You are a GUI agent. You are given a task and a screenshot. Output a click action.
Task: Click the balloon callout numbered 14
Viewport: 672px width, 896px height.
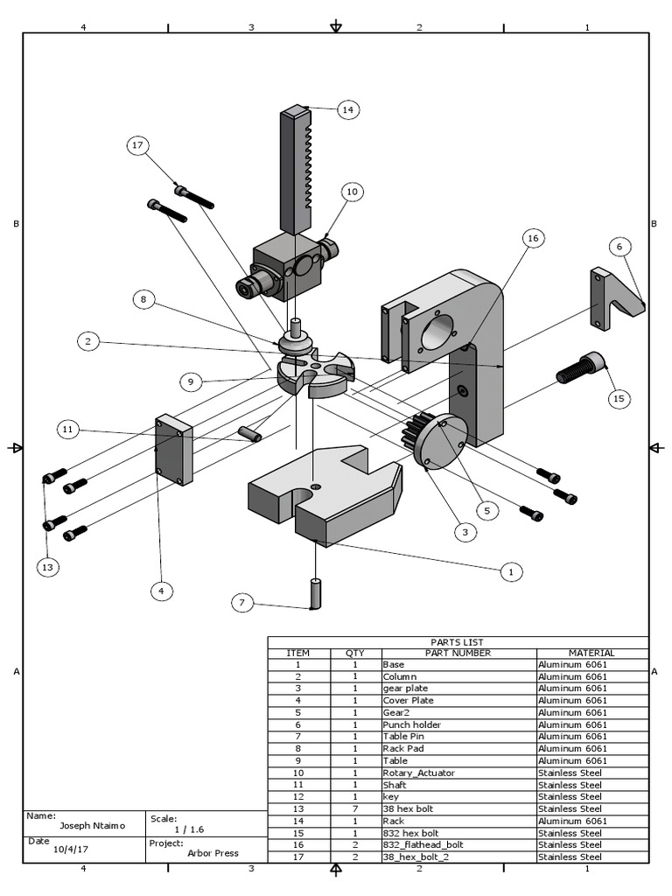[347, 109]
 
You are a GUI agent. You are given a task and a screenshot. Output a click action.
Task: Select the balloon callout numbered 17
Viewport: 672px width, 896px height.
[137, 145]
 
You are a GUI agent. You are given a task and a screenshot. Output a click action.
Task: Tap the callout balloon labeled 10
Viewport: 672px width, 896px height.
[352, 191]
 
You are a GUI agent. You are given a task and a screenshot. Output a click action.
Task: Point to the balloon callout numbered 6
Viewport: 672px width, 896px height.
[619, 247]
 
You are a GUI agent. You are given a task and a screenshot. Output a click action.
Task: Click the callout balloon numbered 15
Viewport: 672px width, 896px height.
[619, 398]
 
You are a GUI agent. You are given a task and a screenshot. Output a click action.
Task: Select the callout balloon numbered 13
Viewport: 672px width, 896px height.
[47, 567]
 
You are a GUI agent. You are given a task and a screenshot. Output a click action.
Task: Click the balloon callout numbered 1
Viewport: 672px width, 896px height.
[510, 571]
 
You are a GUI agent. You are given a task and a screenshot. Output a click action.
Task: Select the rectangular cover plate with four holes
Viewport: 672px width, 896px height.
[172, 450]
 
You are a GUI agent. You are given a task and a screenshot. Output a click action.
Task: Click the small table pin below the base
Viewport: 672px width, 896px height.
[315, 594]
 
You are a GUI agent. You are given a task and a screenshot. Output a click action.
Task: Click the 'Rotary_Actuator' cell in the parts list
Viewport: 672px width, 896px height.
[419, 773]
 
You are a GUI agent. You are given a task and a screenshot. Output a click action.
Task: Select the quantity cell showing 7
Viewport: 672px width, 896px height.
[355, 808]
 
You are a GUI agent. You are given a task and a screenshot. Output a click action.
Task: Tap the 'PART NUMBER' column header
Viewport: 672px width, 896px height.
[458, 653]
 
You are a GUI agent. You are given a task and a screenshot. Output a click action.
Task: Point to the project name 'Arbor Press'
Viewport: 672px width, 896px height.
[212, 853]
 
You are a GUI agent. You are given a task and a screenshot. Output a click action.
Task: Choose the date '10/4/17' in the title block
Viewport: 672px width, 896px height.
[73, 849]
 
